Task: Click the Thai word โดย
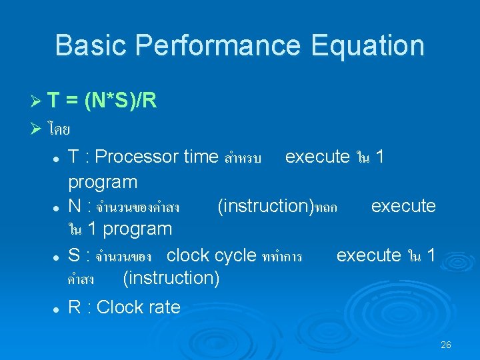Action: [x=60, y=129]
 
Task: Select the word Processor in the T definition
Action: [x=137, y=157]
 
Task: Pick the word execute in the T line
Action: [x=317, y=157]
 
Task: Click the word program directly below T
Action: [x=103, y=181]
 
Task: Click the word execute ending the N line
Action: [x=403, y=206]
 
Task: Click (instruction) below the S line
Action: [x=171, y=277]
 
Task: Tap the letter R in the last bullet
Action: [x=75, y=307]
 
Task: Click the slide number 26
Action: [x=446, y=345]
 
